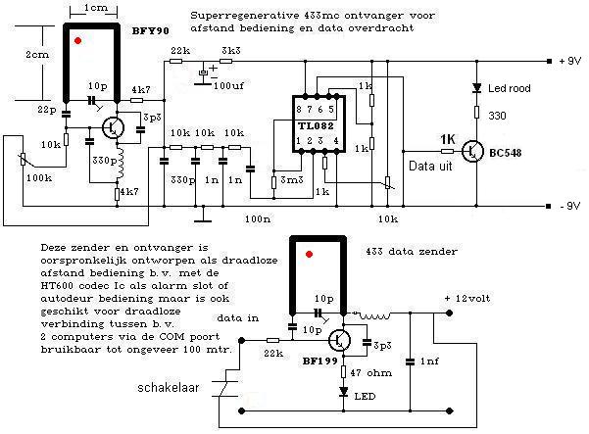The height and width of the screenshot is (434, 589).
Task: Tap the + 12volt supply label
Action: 476,298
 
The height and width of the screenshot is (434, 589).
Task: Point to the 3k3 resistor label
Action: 232,50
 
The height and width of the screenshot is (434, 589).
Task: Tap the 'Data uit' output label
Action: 427,168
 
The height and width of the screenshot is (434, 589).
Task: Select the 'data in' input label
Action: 238,319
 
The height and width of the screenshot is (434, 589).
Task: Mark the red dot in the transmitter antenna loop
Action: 310,255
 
